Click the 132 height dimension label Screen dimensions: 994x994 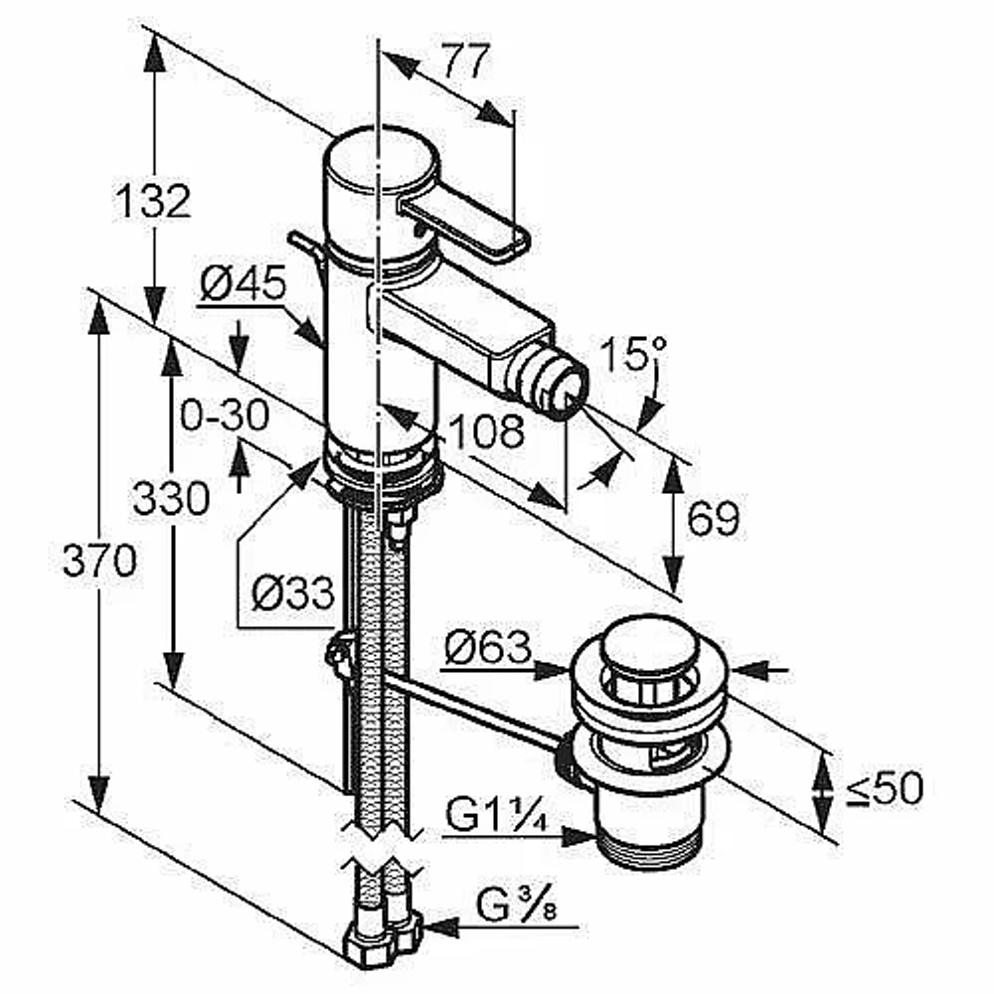(x=153, y=201)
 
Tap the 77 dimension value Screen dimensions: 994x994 (x=466, y=61)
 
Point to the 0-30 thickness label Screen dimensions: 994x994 (x=225, y=415)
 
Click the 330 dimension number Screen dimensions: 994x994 (x=171, y=498)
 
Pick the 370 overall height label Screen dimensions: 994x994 (x=99, y=561)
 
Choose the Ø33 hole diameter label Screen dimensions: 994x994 (x=292, y=593)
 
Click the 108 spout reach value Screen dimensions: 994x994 (x=486, y=431)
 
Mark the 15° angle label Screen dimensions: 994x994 (x=633, y=354)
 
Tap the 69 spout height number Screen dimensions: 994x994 (x=713, y=518)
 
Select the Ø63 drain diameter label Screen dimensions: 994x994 (x=487, y=647)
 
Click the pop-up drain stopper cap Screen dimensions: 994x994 (x=650, y=649)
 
